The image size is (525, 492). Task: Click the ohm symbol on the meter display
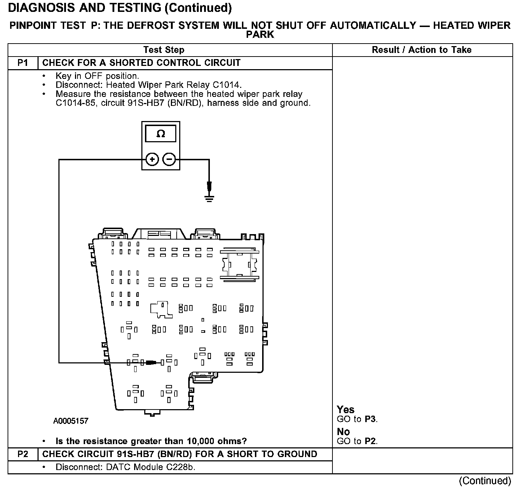[161, 134]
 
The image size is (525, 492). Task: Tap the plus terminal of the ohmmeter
[152, 159]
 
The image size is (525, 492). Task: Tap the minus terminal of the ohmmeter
[169, 159]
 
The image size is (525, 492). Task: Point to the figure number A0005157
[71, 421]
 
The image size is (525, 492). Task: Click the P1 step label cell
[23, 63]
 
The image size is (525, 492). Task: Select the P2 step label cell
[23, 454]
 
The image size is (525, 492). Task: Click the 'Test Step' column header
[164, 50]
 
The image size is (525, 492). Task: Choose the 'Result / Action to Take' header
[422, 50]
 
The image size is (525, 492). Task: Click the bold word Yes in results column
[345, 410]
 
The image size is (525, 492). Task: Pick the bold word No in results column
[343, 431]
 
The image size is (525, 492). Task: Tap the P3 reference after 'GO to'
[370, 419]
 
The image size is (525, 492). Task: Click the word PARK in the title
[260, 35]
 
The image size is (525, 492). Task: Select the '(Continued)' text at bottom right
[485, 481]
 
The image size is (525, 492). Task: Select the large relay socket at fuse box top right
[240, 264]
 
